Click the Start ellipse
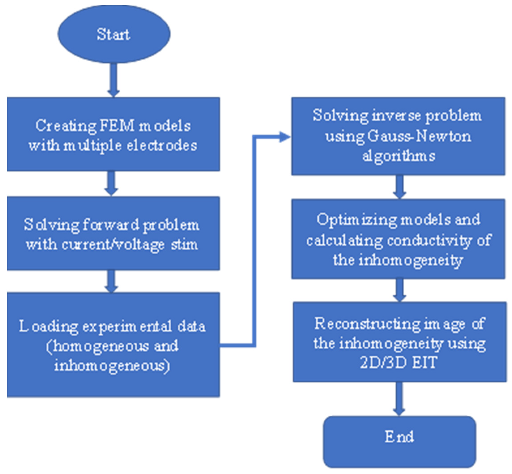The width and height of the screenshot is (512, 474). point(114,34)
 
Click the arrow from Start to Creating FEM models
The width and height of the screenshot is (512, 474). point(114,79)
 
